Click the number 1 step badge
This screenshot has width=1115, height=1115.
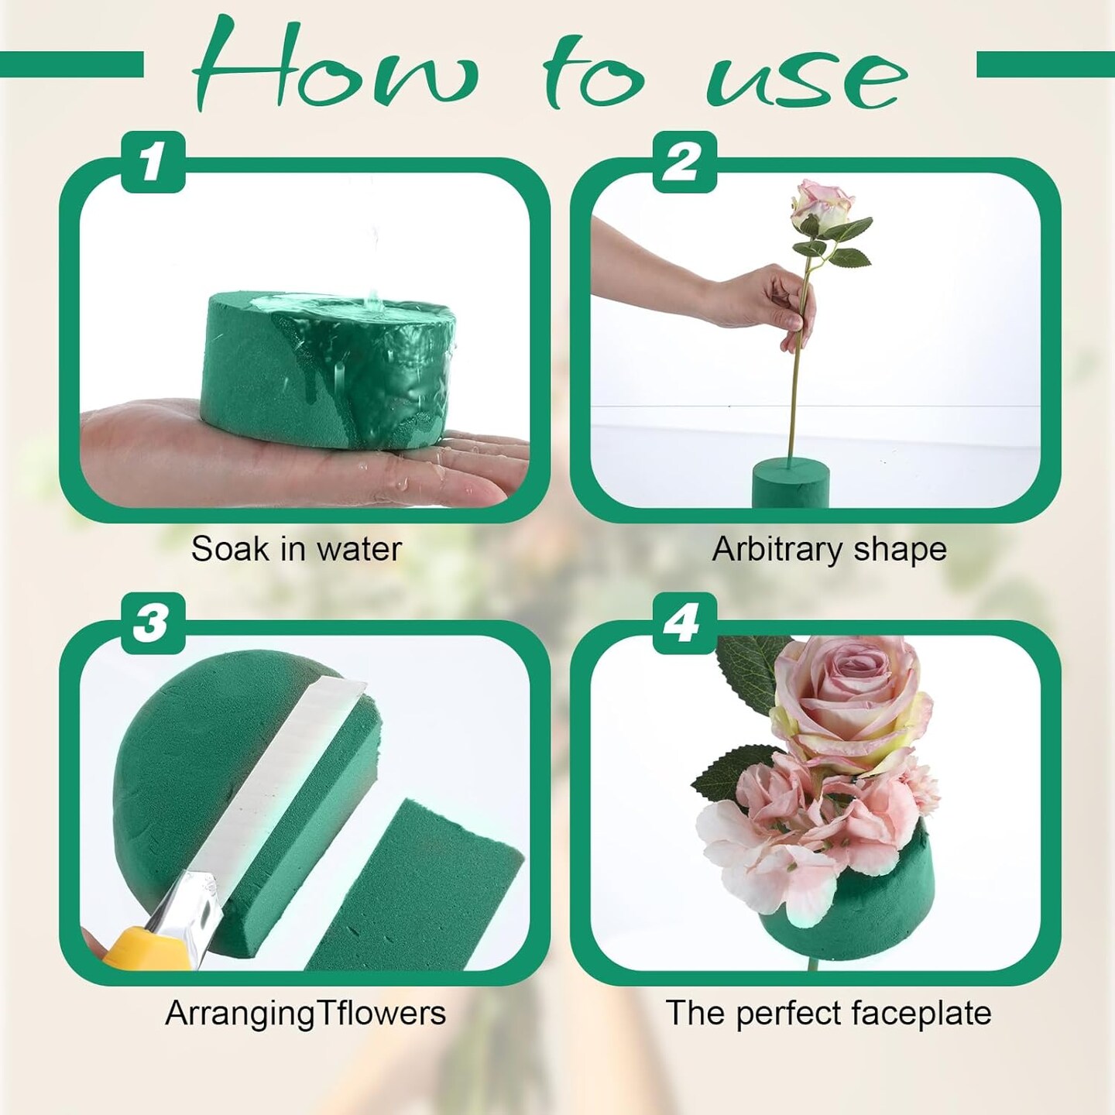click(153, 162)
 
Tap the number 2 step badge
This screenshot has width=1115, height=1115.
click(684, 162)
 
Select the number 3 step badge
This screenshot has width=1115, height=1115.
click(153, 624)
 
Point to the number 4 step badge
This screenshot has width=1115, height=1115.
click(684, 624)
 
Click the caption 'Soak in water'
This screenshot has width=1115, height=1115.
click(297, 549)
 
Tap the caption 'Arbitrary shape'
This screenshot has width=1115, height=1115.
click(829, 550)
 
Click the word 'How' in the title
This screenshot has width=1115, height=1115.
click(335, 67)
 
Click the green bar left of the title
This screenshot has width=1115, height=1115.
click(72, 64)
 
